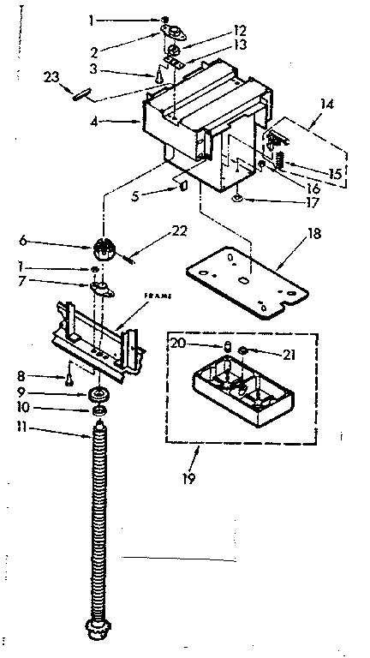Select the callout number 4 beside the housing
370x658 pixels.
click(94, 122)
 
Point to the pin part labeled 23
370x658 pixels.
click(81, 95)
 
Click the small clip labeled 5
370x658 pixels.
click(182, 188)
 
